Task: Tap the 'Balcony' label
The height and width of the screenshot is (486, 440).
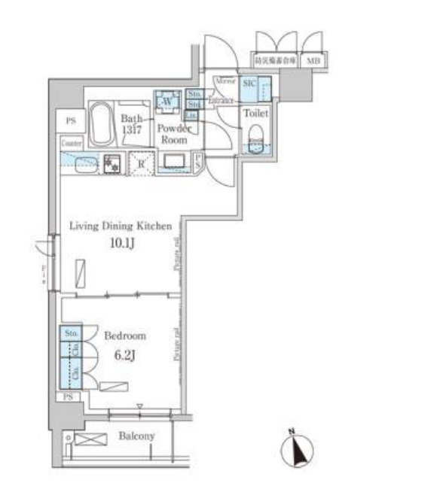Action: coord(136,436)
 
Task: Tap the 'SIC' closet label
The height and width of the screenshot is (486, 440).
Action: coord(249,84)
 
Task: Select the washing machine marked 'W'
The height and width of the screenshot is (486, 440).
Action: coord(167,101)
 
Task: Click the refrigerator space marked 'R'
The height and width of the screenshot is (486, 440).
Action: coord(140,163)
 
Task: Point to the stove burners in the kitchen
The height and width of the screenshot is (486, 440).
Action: coord(113,163)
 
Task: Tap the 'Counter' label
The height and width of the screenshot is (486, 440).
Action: coord(72,141)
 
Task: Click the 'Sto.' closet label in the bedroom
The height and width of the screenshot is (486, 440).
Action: coord(72,333)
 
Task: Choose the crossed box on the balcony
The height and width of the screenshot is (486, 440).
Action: coord(89,439)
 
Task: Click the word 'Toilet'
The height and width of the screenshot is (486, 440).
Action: coord(255,113)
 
